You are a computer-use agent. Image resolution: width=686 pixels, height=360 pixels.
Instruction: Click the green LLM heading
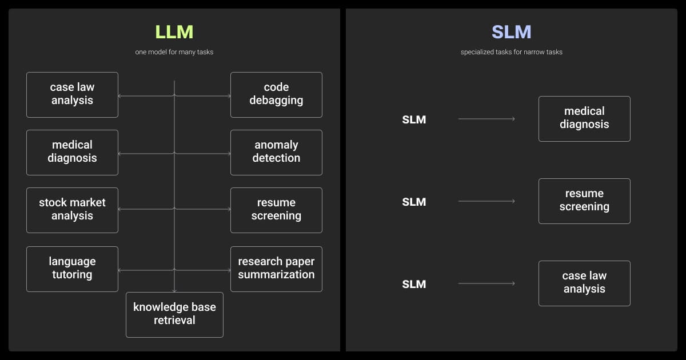[x=174, y=32]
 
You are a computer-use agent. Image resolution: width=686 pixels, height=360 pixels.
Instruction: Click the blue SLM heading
[x=511, y=32]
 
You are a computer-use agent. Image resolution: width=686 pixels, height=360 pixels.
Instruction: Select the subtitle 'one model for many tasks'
[x=174, y=52]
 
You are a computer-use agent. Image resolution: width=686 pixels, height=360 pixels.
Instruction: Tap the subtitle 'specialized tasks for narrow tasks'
[x=511, y=52]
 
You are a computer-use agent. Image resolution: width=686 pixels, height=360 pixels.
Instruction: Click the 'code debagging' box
[x=276, y=94]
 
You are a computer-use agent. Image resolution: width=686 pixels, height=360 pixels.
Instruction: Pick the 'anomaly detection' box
[x=276, y=152]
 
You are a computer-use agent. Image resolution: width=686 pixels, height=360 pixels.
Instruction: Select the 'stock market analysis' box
[x=72, y=210]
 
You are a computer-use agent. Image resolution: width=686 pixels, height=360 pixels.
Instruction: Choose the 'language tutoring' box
[x=72, y=269]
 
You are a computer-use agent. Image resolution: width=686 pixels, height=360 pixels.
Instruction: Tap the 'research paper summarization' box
[x=276, y=269]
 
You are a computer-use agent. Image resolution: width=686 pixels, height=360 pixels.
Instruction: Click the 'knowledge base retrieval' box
[x=174, y=314]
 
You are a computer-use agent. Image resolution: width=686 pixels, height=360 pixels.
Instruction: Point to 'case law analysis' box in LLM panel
[x=72, y=94]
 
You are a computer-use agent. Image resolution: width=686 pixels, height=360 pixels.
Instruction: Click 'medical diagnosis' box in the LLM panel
[x=72, y=152]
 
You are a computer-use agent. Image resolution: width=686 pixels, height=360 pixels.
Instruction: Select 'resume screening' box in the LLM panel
[x=276, y=210]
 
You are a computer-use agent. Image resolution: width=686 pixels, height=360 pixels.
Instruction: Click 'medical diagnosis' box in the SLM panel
[x=584, y=118]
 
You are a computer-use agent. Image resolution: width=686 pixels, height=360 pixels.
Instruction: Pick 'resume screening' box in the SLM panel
[x=584, y=201]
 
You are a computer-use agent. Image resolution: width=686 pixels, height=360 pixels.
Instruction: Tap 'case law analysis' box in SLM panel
[x=584, y=283]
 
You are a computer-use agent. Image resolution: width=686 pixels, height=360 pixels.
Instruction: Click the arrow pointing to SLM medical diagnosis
[x=486, y=119]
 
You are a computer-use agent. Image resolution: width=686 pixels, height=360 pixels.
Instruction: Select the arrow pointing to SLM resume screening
[x=486, y=201]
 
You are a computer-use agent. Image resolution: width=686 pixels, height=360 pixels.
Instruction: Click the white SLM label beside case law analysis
[x=414, y=284]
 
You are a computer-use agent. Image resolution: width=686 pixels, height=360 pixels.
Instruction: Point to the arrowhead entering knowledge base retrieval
[x=174, y=290]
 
